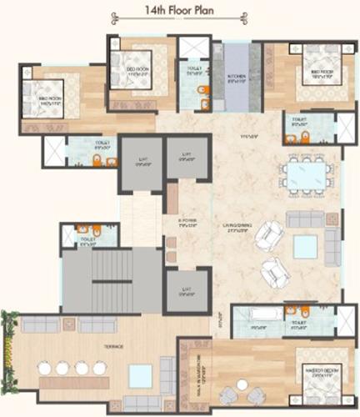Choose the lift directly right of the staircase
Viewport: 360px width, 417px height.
(184, 289)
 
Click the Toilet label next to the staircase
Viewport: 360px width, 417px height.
(87, 244)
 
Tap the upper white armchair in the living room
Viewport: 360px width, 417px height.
(268, 236)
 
